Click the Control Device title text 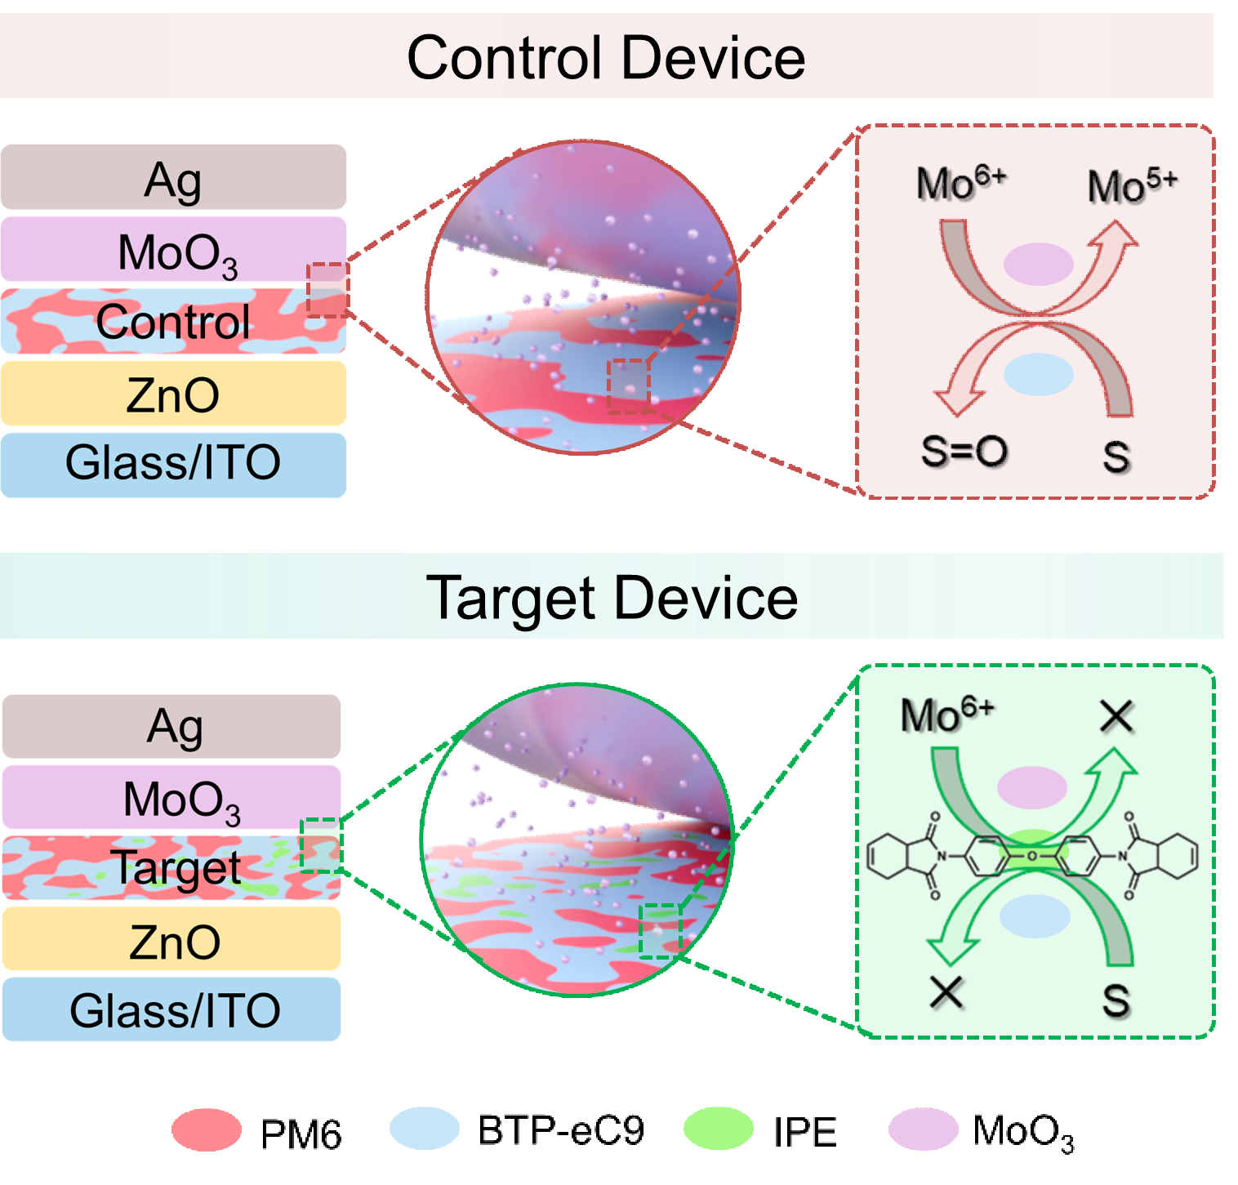coord(606,58)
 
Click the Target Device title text coord(612,598)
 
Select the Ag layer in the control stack coord(173,177)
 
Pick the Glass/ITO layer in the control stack coord(173,464)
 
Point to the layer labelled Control coord(173,322)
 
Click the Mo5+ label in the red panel coord(1132,186)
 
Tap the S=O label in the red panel coord(964,452)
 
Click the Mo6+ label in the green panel coord(947,715)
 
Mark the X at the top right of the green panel coord(1117,718)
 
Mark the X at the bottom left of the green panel coord(947,993)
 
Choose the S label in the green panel coord(1117,1000)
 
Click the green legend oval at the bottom coord(718,1129)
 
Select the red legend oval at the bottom coord(207,1129)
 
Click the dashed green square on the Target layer coord(321,846)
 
